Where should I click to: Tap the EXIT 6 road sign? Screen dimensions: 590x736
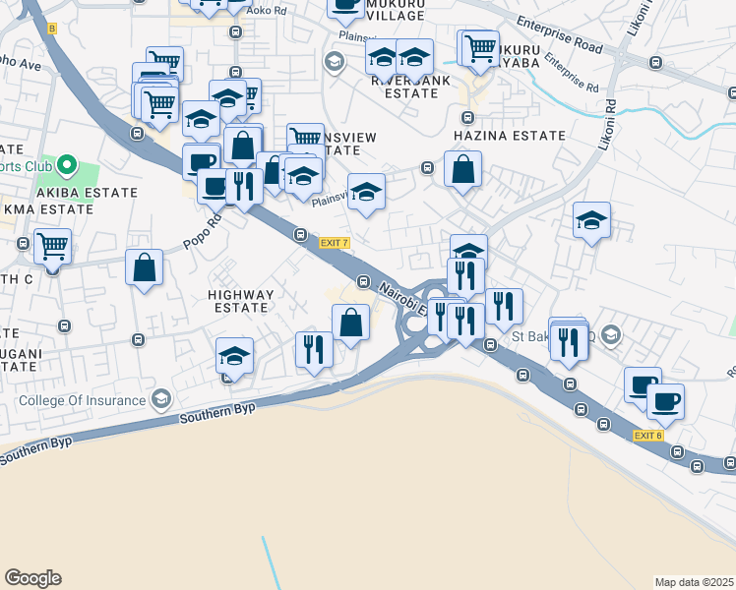click(x=648, y=436)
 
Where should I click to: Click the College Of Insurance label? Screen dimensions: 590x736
click(x=83, y=400)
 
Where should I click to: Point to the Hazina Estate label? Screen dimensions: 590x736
click(x=509, y=136)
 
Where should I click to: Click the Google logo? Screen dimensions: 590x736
click(x=32, y=578)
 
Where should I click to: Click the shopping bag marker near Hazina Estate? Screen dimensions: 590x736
click(x=462, y=170)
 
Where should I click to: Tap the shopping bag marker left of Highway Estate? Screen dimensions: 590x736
click(x=144, y=267)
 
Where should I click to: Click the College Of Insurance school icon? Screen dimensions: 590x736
click(x=160, y=399)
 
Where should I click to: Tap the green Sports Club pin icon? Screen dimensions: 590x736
click(x=67, y=164)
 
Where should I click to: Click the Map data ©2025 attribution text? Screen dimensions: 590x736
click(x=694, y=582)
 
